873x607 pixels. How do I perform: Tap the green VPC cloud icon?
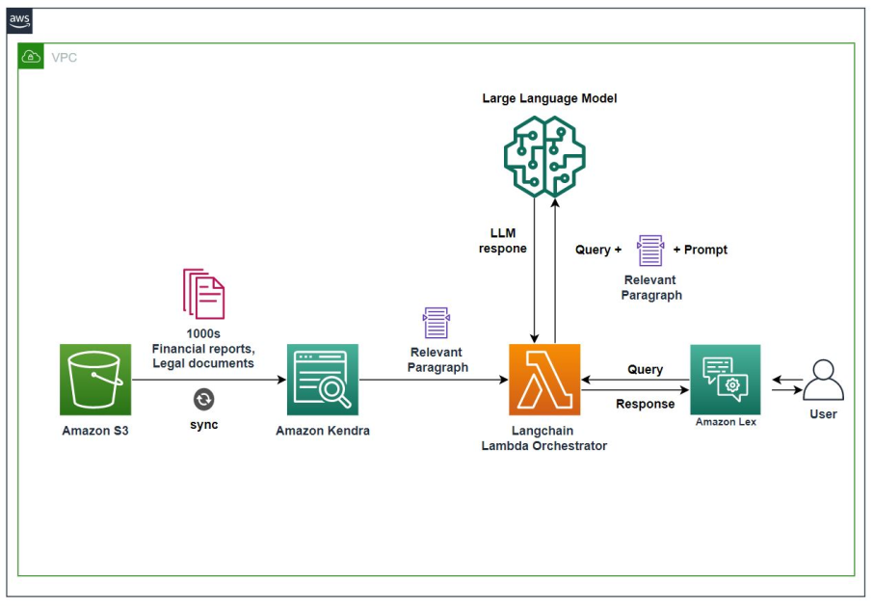coord(32,57)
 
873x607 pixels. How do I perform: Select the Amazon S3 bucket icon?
coord(95,380)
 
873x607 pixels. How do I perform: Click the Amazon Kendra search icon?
coord(322,380)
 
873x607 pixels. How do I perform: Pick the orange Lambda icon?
coord(544,380)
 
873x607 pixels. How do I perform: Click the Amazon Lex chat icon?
coord(725,380)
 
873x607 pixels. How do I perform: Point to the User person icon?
coord(823,382)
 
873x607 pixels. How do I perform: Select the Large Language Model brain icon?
coord(544,153)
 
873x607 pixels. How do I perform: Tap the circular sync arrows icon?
coord(203,400)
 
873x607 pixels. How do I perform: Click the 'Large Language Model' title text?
coord(549,98)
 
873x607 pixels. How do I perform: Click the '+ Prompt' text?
coord(700,250)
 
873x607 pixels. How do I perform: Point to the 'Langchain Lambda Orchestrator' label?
coord(544,438)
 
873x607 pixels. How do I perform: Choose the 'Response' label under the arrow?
coord(645,404)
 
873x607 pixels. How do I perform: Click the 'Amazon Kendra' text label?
coord(322,431)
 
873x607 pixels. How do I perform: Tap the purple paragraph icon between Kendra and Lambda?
coord(436,324)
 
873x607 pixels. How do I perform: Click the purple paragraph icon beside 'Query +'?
coord(650,251)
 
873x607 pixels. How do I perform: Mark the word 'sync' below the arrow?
coord(203,425)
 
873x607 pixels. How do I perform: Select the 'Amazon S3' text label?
coord(95,431)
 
